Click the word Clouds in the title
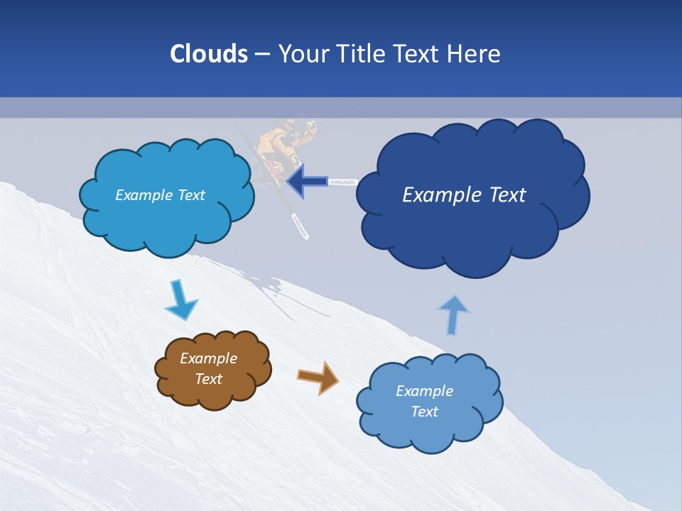[x=208, y=54]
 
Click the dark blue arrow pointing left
[x=307, y=182]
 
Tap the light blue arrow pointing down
[x=180, y=301]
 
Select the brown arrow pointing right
[x=318, y=377]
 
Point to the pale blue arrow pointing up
[x=453, y=314]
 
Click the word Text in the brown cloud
[x=208, y=379]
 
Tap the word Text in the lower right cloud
[x=424, y=412]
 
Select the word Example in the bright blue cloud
[x=141, y=195]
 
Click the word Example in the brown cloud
[x=208, y=358]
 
